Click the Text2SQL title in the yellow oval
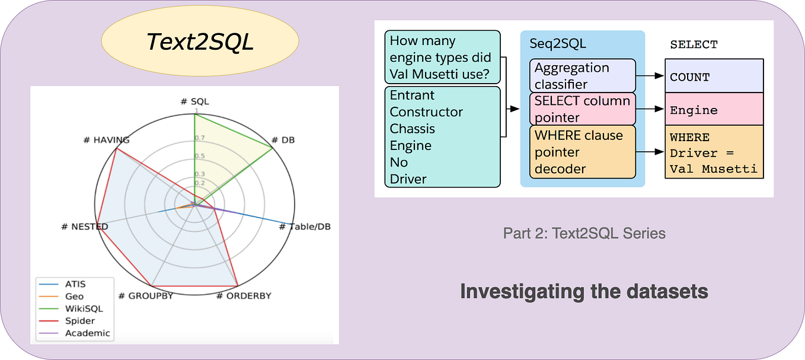pyautogui.click(x=200, y=42)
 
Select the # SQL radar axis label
pyautogui.click(x=194, y=101)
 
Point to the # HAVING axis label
pyautogui.click(x=107, y=140)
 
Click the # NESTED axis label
pyautogui.click(x=85, y=227)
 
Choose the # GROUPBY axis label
pyautogui.click(x=145, y=295)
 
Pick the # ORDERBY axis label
pyautogui.click(x=243, y=295)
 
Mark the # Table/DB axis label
pyautogui.click(x=305, y=227)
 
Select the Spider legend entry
pyautogui.click(x=79, y=321)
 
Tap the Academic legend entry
pyautogui.click(x=87, y=333)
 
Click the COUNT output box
pyautogui.click(x=714, y=77)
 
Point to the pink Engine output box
pyautogui.click(x=714, y=110)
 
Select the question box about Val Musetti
pyautogui.click(x=442, y=58)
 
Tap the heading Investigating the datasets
pyautogui.click(x=584, y=292)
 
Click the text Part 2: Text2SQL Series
pyautogui.click(x=584, y=233)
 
